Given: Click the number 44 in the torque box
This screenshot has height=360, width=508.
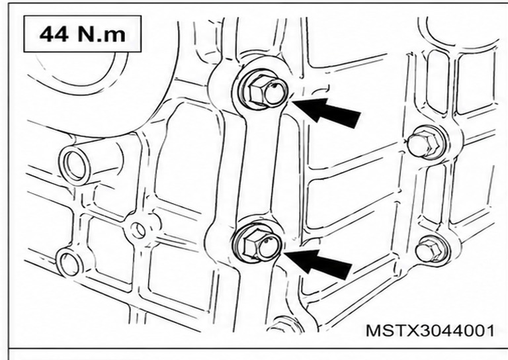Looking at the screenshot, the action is click(54, 34).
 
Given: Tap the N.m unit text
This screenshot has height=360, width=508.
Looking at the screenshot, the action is click(101, 34).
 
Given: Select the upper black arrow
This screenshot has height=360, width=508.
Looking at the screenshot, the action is click(327, 111).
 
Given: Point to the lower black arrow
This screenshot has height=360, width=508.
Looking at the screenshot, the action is click(318, 263).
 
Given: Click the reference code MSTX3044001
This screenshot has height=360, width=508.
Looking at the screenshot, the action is click(430, 331).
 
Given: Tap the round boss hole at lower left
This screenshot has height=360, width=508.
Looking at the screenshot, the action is click(68, 263).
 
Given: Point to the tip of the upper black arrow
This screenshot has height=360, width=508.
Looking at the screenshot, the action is click(292, 101).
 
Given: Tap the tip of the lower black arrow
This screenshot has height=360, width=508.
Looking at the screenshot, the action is click(284, 253).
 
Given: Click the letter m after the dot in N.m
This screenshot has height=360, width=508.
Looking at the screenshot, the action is click(115, 36).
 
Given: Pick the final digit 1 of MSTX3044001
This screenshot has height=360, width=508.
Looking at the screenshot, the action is click(491, 331).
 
